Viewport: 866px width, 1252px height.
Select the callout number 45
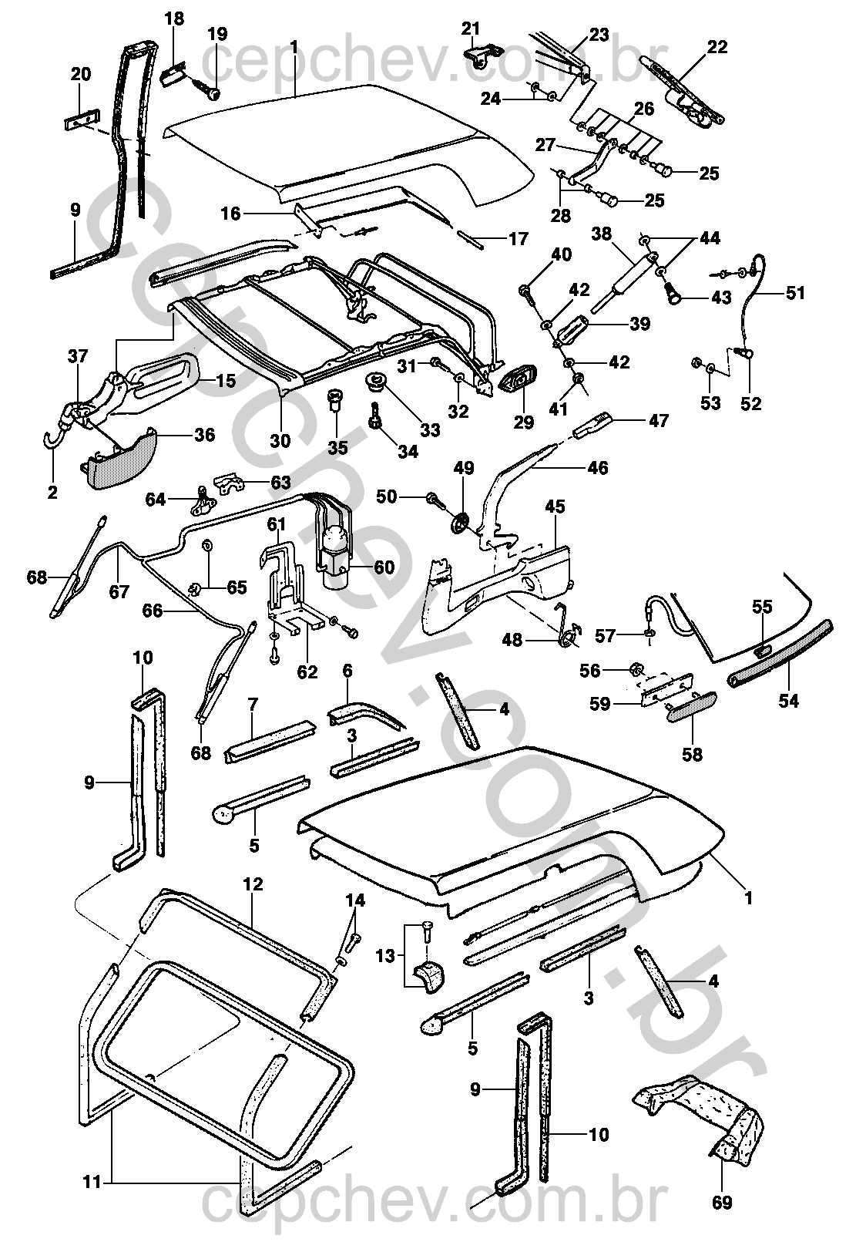[555, 507]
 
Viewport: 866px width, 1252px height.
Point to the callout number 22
[717, 47]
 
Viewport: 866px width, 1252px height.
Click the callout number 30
[280, 440]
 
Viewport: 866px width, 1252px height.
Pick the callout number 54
[788, 701]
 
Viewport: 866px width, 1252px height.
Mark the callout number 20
[80, 75]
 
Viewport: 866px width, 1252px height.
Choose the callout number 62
[307, 672]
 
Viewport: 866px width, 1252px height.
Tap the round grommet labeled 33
[378, 382]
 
